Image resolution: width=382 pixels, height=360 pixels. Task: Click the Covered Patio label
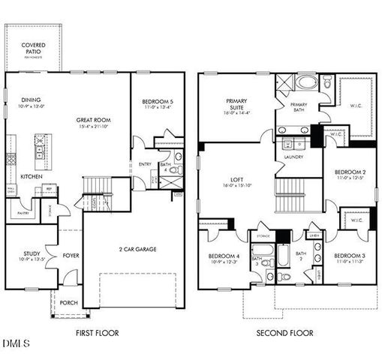point(32,49)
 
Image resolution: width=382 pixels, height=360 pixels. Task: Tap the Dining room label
point(31,100)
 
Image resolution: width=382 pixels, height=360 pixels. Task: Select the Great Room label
point(94,120)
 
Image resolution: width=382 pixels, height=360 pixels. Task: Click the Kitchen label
point(31,176)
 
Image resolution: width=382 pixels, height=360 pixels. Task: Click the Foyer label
point(71,254)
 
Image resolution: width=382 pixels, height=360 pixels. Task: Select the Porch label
point(68,302)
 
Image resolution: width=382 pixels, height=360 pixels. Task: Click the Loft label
point(237,181)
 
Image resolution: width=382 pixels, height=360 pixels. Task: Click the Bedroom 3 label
point(349,256)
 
